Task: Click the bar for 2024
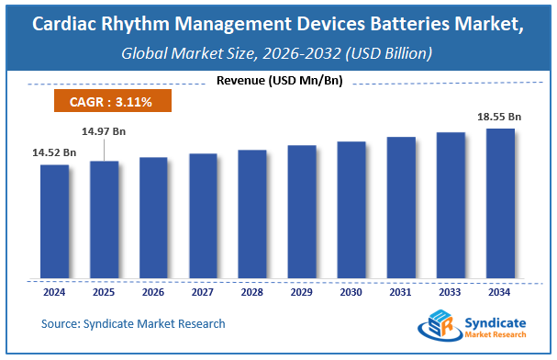(54, 221)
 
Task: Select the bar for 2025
(104, 219)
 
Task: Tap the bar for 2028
(252, 214)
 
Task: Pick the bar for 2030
(351, 210)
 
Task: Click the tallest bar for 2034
(500, 204)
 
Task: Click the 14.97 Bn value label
(104, 131)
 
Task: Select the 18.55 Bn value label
(500, 117)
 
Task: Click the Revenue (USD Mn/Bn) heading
(278, 81)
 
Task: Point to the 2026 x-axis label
(153, 294)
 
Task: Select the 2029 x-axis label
(302, 294)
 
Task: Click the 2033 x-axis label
(451, 294)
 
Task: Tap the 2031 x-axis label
(401, 294)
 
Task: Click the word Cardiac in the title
(68, 24)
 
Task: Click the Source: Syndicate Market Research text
(133, 323)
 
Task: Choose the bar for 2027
(203, 216)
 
